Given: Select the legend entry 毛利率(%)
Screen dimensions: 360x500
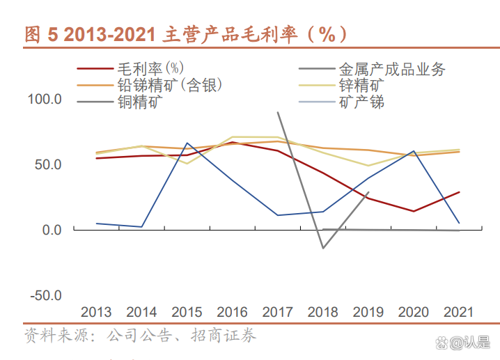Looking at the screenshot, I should click(150, 68).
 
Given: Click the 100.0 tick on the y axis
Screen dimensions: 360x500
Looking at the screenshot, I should click(45, 100).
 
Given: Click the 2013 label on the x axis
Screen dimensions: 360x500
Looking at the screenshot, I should click(96, 312).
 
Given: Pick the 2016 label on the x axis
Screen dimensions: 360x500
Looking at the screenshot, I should click(233, 312).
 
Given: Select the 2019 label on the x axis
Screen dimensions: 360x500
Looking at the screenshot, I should click(368, 312).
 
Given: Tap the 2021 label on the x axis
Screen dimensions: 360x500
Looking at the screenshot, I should click(458, 312).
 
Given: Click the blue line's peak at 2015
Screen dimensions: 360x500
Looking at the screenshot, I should click(187, 143).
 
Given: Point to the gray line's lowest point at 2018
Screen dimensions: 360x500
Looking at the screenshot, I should click(322, 248).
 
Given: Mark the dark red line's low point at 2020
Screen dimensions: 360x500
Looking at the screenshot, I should click(414, 211).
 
